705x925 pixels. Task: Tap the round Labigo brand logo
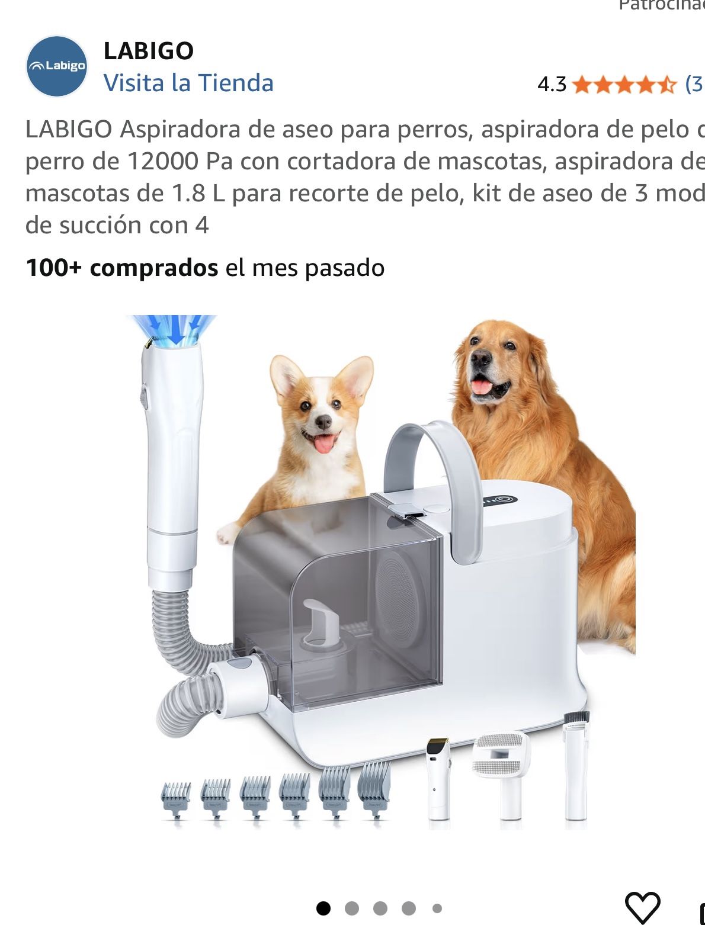pos(57,66)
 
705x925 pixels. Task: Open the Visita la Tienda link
pos(188,83)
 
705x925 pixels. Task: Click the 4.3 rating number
pos(552,85)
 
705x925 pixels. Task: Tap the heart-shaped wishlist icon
pos(642,907)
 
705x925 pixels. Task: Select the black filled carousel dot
pos(323,908)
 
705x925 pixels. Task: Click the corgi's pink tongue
pos(324,443)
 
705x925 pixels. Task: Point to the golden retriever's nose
pos(480,358)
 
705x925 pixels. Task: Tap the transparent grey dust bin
pos(338,598)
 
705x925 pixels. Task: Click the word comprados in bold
pos(154,268)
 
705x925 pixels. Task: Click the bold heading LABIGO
pos(149,51)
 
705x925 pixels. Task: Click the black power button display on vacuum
pos(504,499)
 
